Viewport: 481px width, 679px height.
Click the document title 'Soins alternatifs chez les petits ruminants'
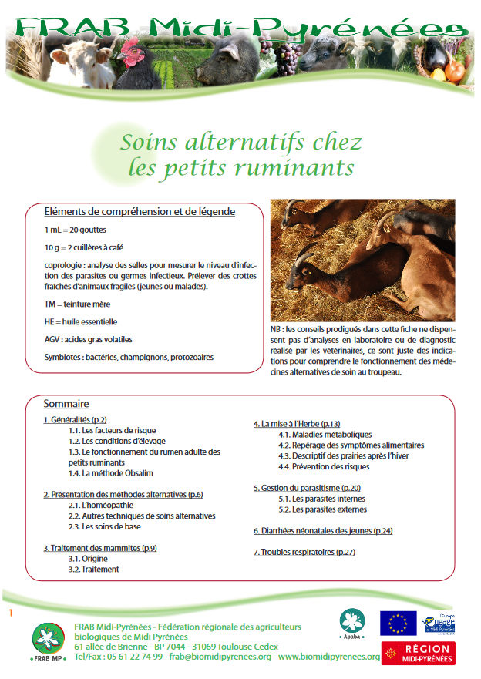(240, 154)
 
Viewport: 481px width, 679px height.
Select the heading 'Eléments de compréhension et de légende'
(140, 212)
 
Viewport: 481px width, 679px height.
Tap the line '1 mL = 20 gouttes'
(76, 230)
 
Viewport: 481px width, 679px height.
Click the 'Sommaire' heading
(66, 404)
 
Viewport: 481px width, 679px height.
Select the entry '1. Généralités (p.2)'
(75, 419)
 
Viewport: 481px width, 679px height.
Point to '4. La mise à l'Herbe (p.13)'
(297, 424)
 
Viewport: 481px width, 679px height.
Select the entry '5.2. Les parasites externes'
(322, 509)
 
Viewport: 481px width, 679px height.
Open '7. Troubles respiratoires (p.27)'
(304, 553)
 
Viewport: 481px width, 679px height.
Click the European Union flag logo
(397, 623)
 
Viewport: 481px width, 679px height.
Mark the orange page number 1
(11, 613)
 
